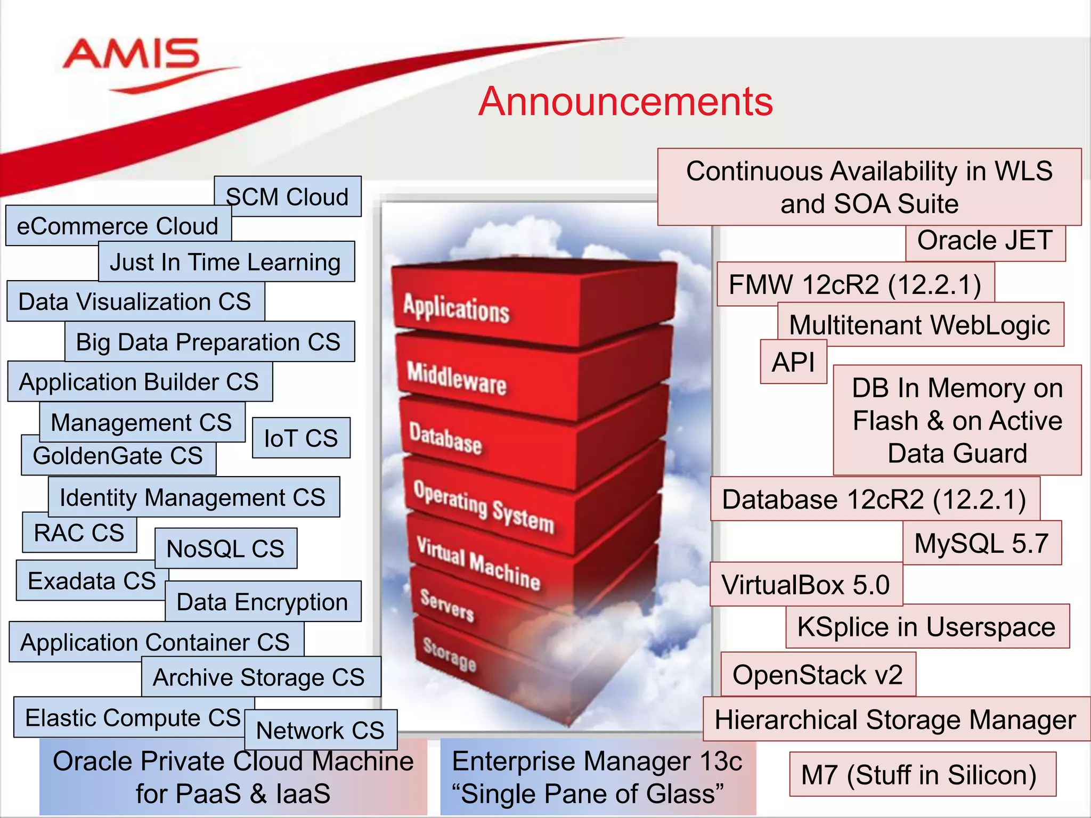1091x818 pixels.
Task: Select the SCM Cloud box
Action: coord(288,197)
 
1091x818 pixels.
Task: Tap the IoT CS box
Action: coord(301,438)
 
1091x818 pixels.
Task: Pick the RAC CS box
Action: coord(79,533)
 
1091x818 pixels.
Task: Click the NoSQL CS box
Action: coord(226,549)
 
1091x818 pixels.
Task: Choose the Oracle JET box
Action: coord(985,241)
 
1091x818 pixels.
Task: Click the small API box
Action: coord(793,362)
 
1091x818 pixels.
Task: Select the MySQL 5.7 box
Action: coord(981,543)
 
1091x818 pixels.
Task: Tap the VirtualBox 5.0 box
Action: coord(805,585)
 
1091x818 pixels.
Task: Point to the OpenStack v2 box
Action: coord(818,675)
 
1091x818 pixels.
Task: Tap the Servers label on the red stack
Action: coord(446,606)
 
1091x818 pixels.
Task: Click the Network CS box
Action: coord(320,730)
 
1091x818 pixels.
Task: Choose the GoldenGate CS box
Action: coord(118,456)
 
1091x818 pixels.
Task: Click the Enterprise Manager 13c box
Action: coord(597,777)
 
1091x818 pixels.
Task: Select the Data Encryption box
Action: coord(262,602)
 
